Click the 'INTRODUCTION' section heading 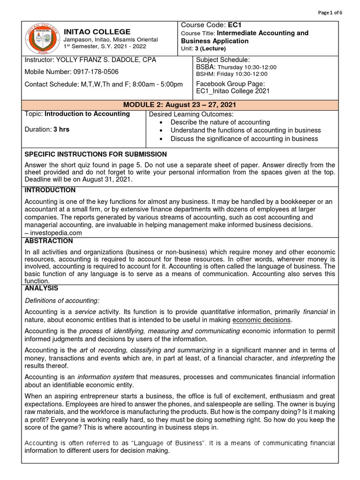(50, 190)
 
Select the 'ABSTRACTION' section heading (49, 241)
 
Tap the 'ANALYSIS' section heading (41, 288)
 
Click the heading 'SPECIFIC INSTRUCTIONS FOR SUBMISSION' (95, 154)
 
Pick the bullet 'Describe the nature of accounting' (220, 122)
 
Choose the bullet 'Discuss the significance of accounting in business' (244, 139)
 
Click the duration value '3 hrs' (61, 129)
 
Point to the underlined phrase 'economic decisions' (262, 320)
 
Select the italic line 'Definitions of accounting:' (62, 300)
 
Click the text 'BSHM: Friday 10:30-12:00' (232, 74)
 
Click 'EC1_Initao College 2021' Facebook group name (232, 91)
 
